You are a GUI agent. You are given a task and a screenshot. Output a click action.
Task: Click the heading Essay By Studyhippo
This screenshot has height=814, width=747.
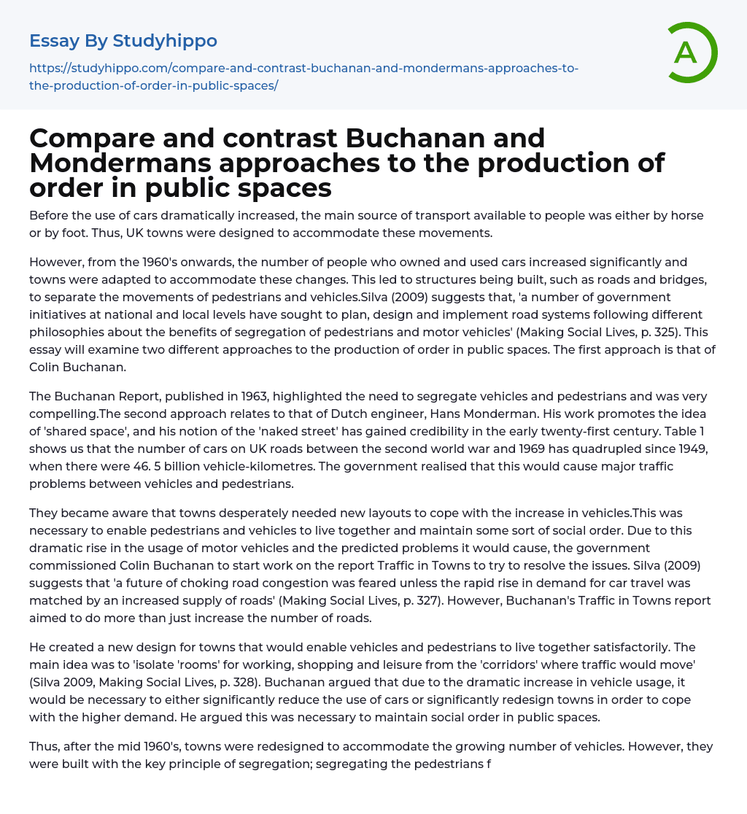point(123,40)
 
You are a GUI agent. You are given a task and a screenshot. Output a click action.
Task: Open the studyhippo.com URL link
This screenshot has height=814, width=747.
point(303,77)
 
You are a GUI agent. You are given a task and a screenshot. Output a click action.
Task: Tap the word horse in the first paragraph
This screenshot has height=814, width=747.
point(697,215)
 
